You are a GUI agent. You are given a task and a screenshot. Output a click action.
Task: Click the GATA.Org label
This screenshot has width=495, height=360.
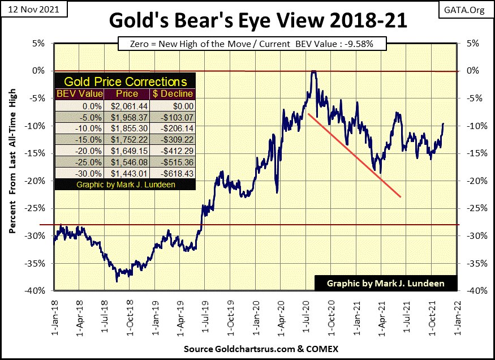pyautogui.click(x=470, y=10)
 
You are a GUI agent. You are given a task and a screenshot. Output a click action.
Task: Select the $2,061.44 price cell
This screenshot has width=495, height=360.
pyautogui.click(x=123, y=105)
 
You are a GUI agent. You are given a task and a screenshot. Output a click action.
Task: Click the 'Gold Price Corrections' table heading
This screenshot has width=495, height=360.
pyautogui.click(x=126, y=81)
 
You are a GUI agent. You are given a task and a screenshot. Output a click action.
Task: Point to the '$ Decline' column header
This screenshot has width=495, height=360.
pyautogui.click(x=172, y=93)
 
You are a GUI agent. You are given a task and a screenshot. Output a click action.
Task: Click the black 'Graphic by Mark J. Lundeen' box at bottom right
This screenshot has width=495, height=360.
pyautogui.click(x=386, y=283)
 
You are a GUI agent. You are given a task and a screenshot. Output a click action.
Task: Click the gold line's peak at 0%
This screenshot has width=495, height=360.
pyautogui.click(x=312, y=71)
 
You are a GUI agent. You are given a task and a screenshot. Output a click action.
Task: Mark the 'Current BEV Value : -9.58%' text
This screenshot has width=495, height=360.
pyautogui.click(x=321, y=44)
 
